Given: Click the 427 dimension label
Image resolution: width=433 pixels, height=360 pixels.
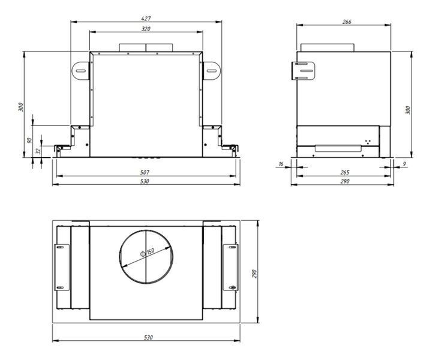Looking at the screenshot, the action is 146,19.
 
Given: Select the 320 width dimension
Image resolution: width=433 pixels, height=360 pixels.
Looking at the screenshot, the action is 146,29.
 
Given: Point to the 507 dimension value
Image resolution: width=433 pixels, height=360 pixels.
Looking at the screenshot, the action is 145,172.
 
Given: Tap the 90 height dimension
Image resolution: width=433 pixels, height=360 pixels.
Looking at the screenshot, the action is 29,140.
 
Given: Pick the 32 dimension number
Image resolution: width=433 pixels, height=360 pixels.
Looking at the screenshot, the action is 38,151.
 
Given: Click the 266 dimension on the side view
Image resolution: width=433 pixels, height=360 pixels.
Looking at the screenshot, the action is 347,22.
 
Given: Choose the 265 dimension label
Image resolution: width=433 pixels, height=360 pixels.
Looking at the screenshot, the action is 345,172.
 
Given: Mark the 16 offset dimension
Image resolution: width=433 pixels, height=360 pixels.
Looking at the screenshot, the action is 281,164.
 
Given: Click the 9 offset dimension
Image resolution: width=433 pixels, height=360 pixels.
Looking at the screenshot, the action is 404,164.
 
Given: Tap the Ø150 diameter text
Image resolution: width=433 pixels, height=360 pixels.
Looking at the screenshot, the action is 147,252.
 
